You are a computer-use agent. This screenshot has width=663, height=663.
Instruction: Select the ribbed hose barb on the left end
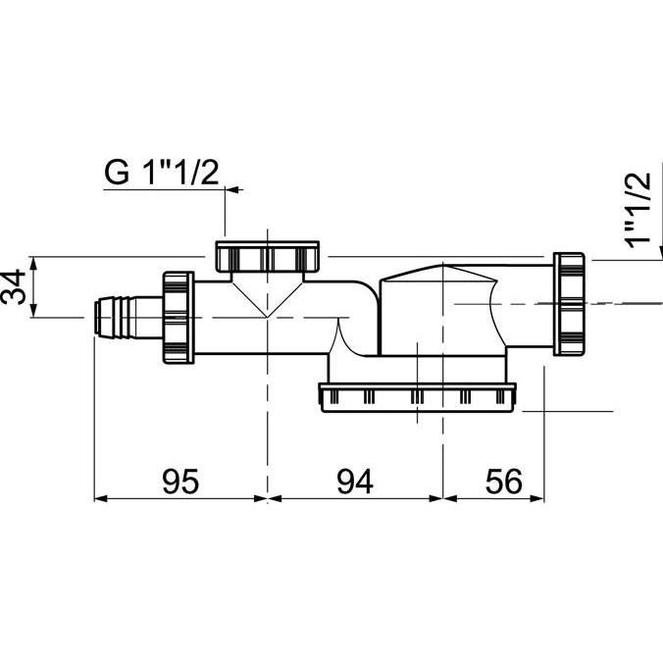click(x=117, y=316)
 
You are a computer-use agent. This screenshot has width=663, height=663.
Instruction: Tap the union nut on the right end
click(x=570, y=302)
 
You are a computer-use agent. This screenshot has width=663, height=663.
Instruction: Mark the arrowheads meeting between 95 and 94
click(x=267, y=498)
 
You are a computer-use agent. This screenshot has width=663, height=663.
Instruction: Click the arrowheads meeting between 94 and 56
click(x=444, y=498)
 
